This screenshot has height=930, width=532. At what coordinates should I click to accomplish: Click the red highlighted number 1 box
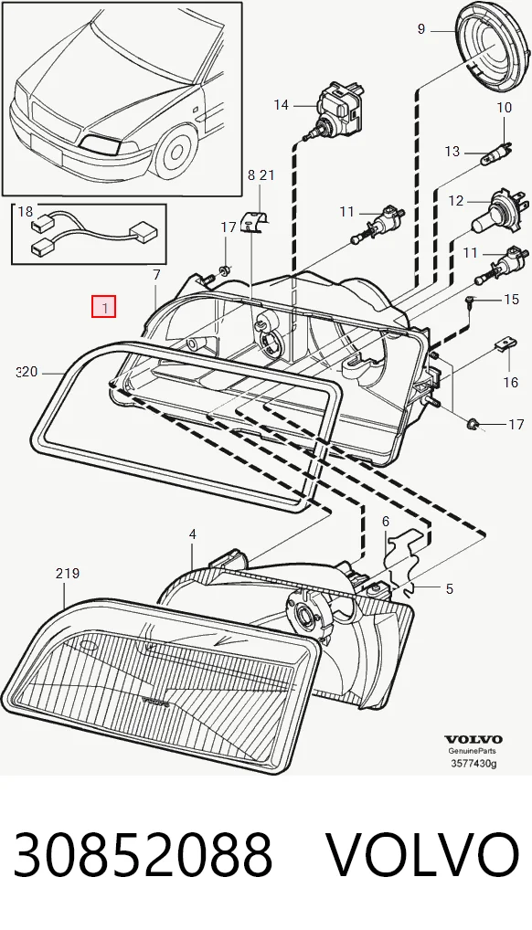(103, 307)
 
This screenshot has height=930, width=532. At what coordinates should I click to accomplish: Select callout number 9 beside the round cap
(421, 28)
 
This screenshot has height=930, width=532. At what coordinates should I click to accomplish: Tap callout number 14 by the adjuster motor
(281, 105)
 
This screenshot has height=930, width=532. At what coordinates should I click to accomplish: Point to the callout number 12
(455, 201)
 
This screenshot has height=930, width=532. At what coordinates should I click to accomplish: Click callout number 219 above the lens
(68, 574)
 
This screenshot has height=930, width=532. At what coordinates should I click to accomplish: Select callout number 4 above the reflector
(192, 534)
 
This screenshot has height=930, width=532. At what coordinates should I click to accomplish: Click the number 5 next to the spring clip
(450, 589)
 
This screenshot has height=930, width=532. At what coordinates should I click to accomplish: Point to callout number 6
(386, 522)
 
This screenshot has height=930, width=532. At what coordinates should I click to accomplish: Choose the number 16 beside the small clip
(511, 383)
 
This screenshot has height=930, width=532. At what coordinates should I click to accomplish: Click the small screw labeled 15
(470, 302)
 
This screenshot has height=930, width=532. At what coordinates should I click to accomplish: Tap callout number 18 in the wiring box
(26, 212)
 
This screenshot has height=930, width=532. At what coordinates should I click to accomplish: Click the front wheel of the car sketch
(176, 150)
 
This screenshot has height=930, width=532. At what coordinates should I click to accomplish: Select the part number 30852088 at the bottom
(144, 854)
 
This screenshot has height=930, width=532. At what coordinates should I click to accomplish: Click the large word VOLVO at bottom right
(423, 854)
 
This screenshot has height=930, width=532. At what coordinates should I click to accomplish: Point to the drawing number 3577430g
(473, 763)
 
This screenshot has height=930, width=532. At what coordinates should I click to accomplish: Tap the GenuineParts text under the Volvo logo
(473, 751)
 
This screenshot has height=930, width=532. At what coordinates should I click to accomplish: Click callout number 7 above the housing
(156, 275)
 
